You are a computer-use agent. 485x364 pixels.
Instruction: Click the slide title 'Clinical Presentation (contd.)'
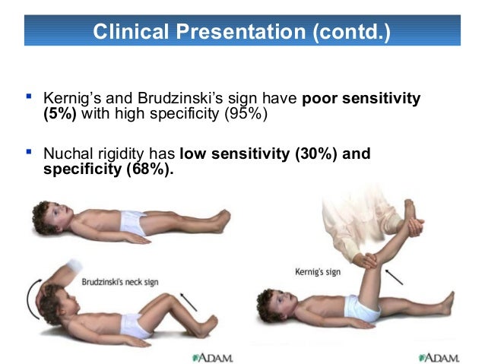(x=241, y=32)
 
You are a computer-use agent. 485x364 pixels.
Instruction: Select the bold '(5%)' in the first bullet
(x=61, y=114)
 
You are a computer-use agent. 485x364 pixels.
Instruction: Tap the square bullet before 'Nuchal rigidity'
(x=29, y=153)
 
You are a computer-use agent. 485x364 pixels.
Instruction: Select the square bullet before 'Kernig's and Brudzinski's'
(x=29, y=97)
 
